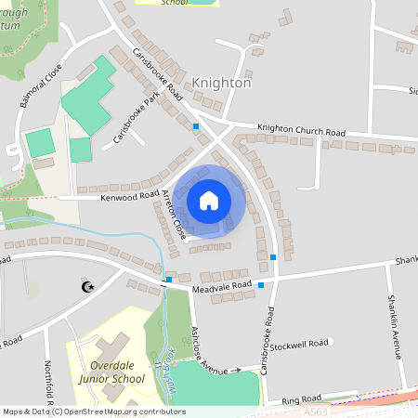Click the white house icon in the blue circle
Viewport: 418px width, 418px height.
click(x=209, y=201)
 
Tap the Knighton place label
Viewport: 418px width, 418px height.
click(x=222, y=83)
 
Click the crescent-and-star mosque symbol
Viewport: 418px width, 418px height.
click(x=88, y=287)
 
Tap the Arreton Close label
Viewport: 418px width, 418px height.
click(x=174, y=216)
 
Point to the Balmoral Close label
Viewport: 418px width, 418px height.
click(x=33, y=85)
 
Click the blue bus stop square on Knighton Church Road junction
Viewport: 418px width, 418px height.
click(x=196, y=125)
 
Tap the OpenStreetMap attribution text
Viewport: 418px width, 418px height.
click(x=93, y=411)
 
